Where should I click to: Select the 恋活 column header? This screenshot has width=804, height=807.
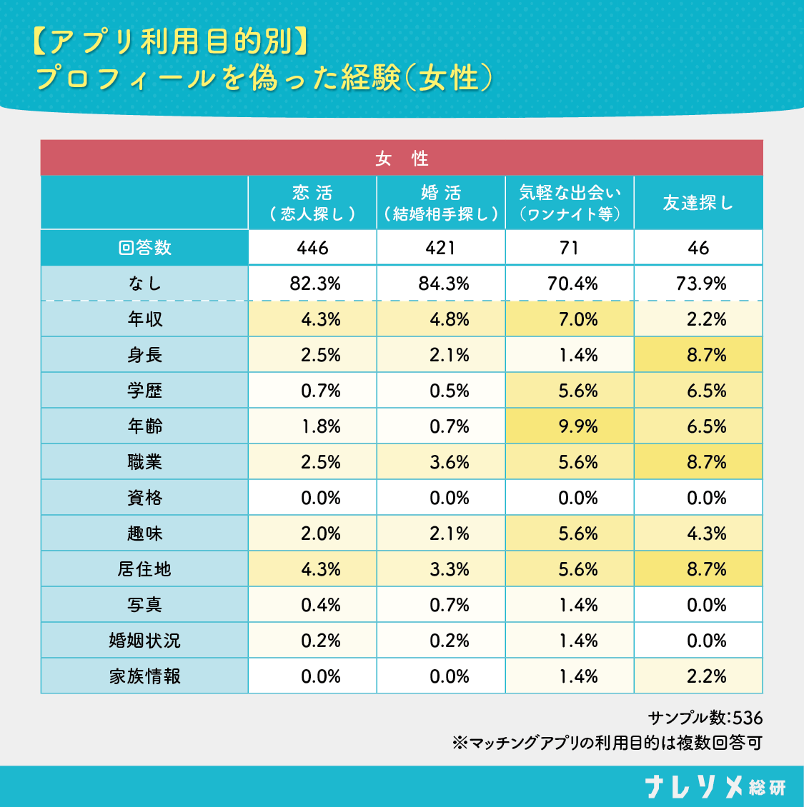pos(312,203)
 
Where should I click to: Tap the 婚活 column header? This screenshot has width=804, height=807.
pos(441,203)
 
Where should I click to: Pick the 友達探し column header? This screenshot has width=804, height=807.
pos(698,203)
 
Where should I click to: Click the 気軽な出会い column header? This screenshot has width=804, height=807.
pos(570,203)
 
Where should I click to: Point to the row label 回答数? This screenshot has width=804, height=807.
pos(144,248)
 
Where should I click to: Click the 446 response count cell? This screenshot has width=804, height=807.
pos(312,248)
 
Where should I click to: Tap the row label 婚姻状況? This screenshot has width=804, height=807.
pos(144,641)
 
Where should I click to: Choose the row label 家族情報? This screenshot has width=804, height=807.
pos(144,676)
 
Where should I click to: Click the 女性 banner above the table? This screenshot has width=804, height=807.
pos(402,158)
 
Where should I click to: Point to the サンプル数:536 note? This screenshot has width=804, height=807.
pos(705,718)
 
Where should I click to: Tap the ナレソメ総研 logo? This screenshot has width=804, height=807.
pos(715,786)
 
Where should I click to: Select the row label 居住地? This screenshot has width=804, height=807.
pos(144,569)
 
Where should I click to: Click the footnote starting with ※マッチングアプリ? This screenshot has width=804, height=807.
pos(607,743)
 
